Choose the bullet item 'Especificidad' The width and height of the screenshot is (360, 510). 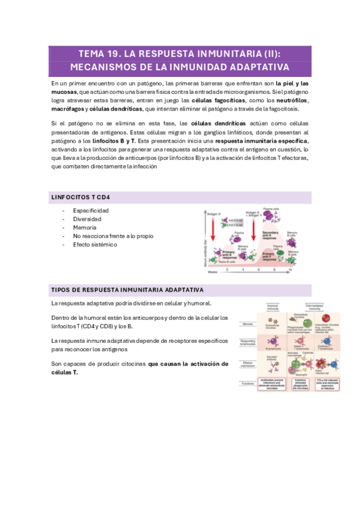(x=91, y=211)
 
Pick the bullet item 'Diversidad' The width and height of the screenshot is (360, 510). (x=87, y=220)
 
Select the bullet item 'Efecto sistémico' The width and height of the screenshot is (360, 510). (x=95, y=245)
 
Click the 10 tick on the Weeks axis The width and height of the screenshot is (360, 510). (x=290, y=271)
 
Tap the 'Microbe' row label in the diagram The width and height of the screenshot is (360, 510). (x=246, y=323)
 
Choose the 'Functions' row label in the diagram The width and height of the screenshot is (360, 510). (x=247, y=383)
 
